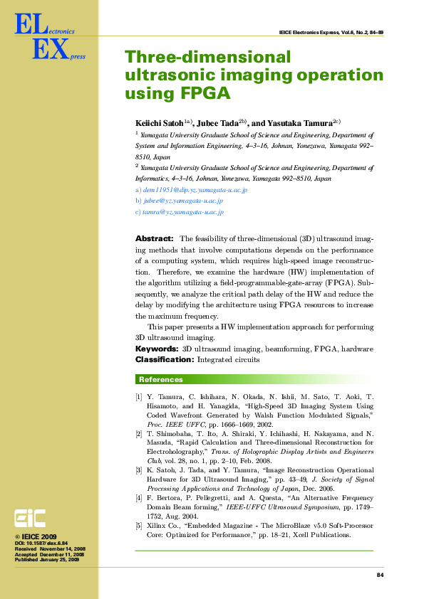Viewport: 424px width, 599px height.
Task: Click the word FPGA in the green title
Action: [x=205, y=93]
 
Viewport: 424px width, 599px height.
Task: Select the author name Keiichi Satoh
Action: [x=160, y=122]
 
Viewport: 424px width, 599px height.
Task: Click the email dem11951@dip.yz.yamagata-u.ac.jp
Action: [x=195, y=190]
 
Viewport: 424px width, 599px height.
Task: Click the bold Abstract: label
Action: [x=154, y=239]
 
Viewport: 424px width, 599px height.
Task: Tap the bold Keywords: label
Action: [x=157, y=349]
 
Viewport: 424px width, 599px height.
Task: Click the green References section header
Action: [x=160, y=379]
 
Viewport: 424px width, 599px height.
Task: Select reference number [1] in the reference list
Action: [x=139, y=396]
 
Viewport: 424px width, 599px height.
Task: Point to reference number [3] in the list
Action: [x=139, y=470]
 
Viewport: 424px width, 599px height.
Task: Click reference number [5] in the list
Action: [x=139, y=525]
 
